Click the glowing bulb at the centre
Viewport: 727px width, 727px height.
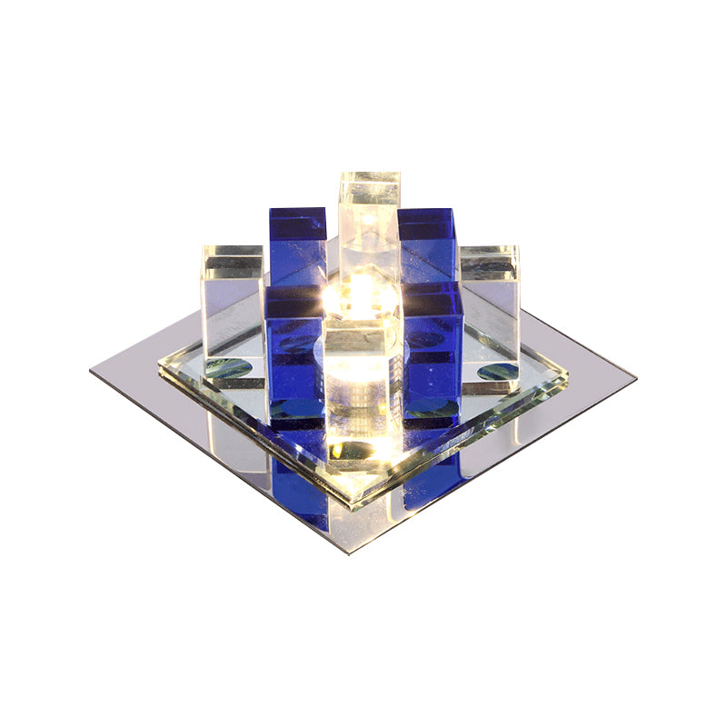(361, 294)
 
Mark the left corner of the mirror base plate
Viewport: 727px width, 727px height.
(92, 371)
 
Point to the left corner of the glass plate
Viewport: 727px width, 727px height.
(160, 363)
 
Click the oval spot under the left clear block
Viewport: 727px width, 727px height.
(227, 368)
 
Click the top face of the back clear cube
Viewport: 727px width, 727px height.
(370, 178)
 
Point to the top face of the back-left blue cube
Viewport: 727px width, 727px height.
(297, 214)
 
